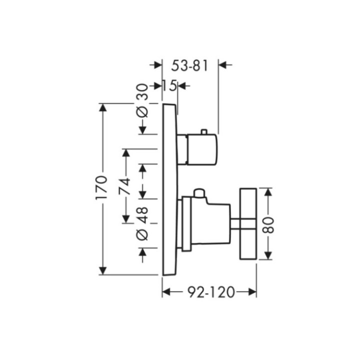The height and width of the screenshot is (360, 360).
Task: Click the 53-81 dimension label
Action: tap(189, 65)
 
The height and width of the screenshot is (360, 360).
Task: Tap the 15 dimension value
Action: tap(169, 86)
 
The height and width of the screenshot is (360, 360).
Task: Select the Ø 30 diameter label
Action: tap(142, 100)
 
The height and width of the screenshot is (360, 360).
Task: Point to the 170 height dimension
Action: tap(101, 188)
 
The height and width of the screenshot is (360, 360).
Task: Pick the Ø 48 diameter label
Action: tap(142, 223)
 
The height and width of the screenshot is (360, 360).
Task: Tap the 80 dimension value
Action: tap(268, 225)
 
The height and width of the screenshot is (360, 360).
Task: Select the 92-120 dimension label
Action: tap(211, 292)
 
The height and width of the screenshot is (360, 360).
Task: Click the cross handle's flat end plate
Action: tap(248, 224)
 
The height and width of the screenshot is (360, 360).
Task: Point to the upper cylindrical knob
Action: tap(201, 149)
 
